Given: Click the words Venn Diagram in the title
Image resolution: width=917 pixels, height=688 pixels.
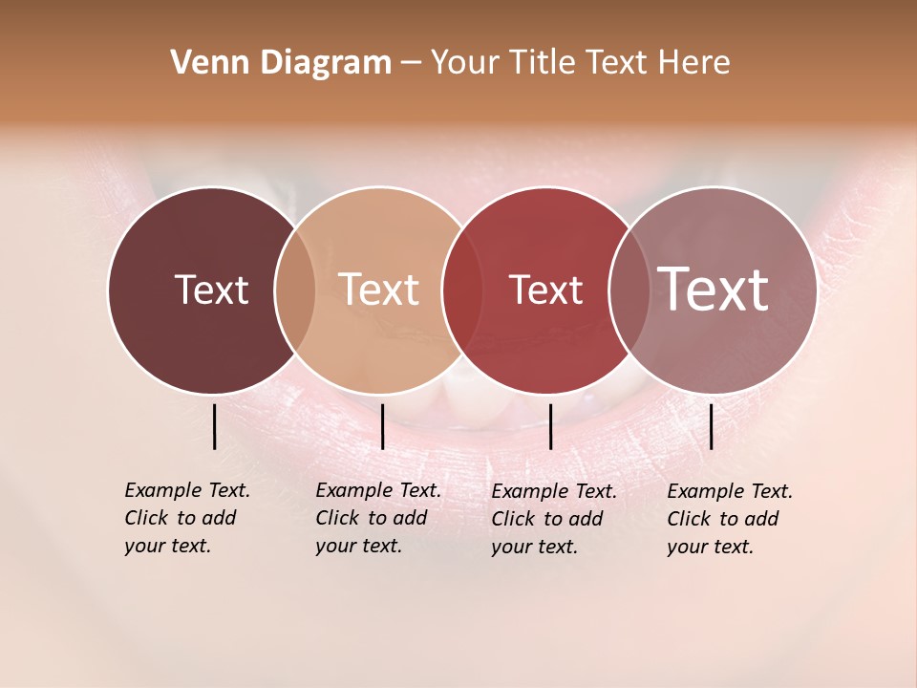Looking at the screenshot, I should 281,63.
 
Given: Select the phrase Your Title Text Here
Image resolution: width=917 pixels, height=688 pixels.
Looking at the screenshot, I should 580,63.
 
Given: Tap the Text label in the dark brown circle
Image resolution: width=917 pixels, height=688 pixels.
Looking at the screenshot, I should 211,290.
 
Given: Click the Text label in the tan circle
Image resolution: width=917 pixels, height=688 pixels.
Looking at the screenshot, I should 379,290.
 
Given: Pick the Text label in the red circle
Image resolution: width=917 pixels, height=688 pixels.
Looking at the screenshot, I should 545,290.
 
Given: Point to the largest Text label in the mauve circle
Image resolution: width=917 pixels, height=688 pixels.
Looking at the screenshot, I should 714,289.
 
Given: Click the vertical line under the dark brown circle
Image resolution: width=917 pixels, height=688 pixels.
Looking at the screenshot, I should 215,426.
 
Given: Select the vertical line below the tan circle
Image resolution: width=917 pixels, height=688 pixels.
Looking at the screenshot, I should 382,426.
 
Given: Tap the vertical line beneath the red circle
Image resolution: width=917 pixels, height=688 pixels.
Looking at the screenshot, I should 551,426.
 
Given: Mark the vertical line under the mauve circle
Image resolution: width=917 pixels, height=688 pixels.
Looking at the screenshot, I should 712,426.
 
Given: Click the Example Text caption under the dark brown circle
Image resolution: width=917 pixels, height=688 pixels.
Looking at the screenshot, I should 186,518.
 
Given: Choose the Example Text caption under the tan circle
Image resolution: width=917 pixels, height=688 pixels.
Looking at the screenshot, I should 377,518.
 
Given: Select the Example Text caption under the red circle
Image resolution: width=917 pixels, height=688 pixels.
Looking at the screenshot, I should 553,519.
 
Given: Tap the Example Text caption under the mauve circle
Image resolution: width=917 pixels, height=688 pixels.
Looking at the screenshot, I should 729,519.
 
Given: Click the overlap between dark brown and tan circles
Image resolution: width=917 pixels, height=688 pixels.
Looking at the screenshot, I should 295,290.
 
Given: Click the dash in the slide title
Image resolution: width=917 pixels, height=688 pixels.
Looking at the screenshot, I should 411,63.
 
